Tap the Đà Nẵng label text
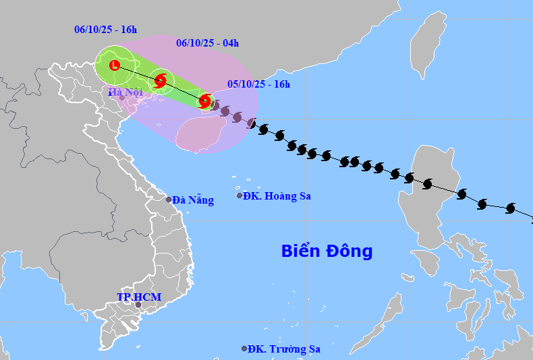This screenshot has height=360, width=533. point(193,200)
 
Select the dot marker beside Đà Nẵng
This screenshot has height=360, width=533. point(169,200)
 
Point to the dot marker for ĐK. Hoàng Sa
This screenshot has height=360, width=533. point(240,196)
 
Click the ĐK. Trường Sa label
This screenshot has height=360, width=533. point(284,349)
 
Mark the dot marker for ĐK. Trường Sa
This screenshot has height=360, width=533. point(244,349)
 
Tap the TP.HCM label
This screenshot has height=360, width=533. point(139,297)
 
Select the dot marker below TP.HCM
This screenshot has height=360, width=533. point(138,305)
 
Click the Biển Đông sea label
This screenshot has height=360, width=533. point(327,251)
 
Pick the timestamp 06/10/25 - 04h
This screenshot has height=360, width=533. point(208,43)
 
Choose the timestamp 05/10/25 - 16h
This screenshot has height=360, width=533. point(258,84)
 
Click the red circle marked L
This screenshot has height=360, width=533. point(115,65)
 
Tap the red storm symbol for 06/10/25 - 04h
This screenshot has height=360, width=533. point(161,82)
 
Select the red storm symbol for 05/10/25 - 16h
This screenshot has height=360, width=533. point(204,101)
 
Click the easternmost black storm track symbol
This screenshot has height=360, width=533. point(510,209)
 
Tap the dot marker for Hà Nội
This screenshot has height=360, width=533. point(122,98)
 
